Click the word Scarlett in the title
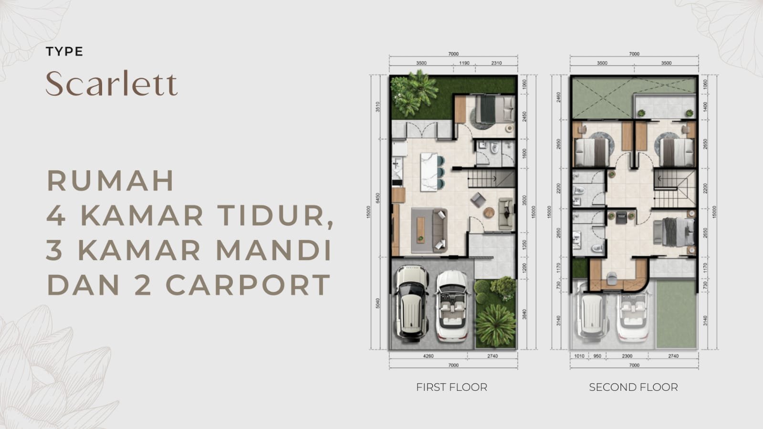[x=112, y=84]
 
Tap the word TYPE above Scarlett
[x=64, y=52]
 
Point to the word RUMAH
[x=111, y=181]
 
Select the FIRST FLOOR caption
[x=451, y=387]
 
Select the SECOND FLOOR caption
[x=633, y=387]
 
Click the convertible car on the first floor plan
[x=452, y=306]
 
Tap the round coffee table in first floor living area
[x=489, y=212]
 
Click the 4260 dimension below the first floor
[x=429, y=356]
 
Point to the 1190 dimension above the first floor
[x=464, y=63]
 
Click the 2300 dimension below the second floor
[x=627, y=356]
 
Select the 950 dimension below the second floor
[x=597, y=356]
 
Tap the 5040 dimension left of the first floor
[x=378, y=303]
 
